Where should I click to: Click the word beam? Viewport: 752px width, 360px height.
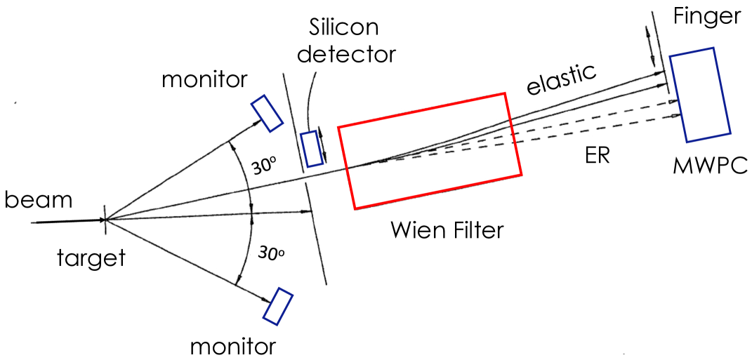(39, 200)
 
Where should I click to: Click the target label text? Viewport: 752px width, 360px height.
(91, 258)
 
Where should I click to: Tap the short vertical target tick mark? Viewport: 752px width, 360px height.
(105, 219)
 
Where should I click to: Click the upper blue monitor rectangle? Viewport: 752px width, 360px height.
(268, 113)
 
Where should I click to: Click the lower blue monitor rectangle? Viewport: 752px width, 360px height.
(278, 306)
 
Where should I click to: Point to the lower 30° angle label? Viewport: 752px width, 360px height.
(270, 253)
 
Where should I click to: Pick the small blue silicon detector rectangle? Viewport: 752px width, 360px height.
(312, 149)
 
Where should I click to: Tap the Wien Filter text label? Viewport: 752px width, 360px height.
(447, 229)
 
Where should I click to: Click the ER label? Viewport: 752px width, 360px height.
(597, 156)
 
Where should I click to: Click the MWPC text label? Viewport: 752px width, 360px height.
(709, 166)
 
